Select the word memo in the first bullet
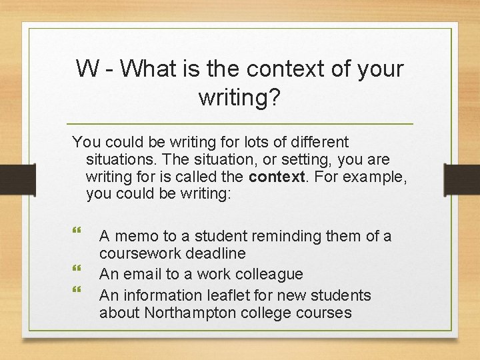[135, 236]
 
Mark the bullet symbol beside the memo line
[75, 231]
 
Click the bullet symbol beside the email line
[75, 269]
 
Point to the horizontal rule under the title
[241, 125]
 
